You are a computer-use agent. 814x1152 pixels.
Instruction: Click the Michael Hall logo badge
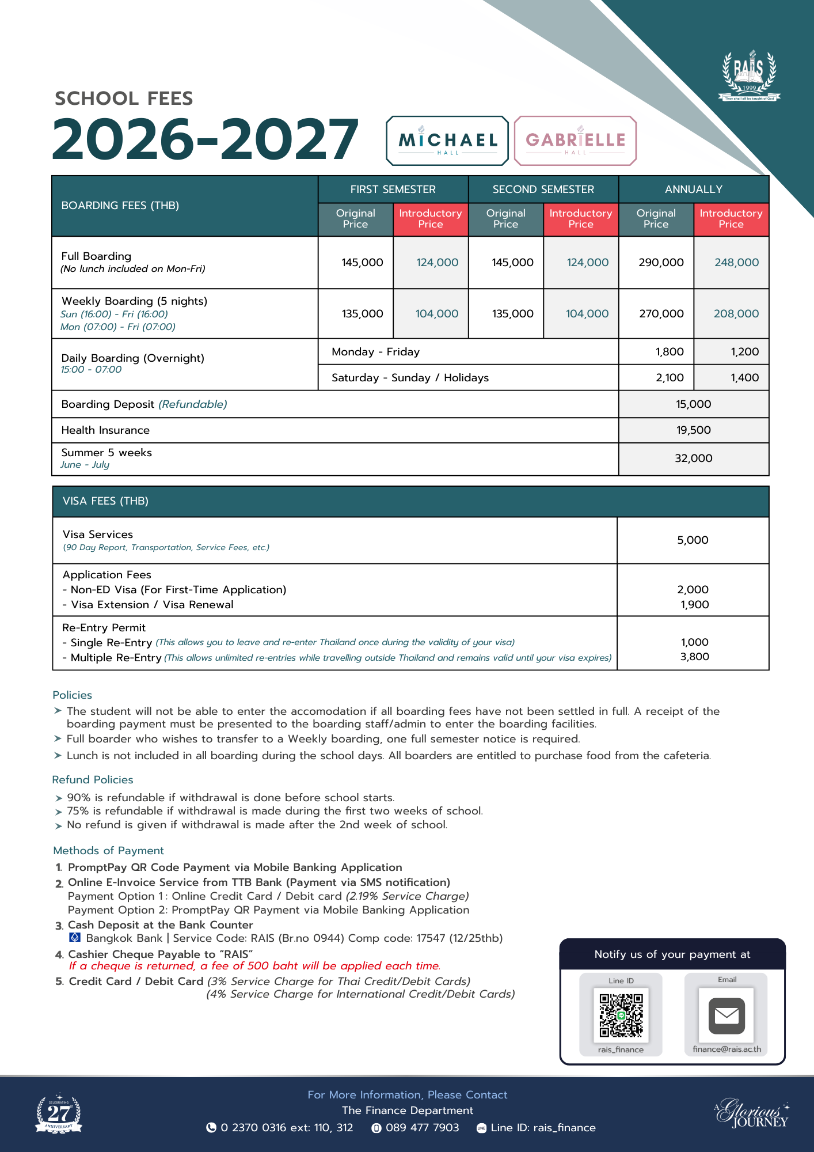pyautogui.click(x=447, y=141)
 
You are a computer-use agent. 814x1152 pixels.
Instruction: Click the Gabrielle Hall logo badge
pyautogui.click(x=575, y=141)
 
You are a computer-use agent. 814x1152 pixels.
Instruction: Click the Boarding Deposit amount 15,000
pyautogui.click(x=693, y=404)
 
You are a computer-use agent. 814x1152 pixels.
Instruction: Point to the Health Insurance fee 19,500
pyautogui.click(x=693, y=430)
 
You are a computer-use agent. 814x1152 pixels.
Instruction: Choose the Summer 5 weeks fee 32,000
pyautogui.click(x=693, y=458)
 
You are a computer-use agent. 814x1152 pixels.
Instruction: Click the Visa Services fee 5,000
pyautogui.click(x=693, y=540)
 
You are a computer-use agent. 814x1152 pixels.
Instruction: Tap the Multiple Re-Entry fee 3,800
pyautogui.click(x=694, y=657)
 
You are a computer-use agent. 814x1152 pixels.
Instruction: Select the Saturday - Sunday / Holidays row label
pyautogui.click(x=410, y=378)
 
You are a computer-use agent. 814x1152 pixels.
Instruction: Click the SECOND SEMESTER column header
pyautogui.click(x=543, y=190)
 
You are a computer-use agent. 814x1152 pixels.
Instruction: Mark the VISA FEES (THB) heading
pyautogui.click(x=105, y=501)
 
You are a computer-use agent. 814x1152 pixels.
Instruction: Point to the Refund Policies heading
pyautogui.click(x=93, y=780)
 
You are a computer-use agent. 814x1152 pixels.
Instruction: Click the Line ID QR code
pyautogui.click(x=621, y=1015)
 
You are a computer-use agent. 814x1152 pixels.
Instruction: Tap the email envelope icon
pyautogui.click(x=726, y=1016)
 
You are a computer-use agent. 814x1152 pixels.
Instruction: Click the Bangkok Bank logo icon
pyautogui.click(x=75, y=938)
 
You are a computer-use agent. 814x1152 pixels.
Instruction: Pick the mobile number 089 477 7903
pyautogui.click(x=422, y=1128)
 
